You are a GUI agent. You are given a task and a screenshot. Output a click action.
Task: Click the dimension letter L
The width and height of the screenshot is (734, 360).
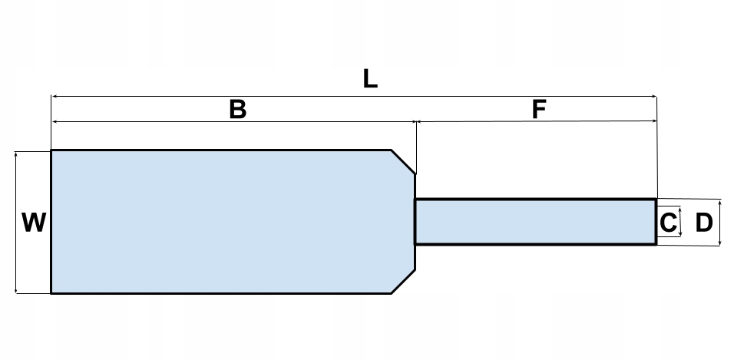tap(370, 79)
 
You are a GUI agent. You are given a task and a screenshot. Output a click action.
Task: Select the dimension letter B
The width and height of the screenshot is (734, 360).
tap(238, 110)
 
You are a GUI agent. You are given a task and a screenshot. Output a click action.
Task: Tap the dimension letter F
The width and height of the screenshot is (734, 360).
tap(539, 110)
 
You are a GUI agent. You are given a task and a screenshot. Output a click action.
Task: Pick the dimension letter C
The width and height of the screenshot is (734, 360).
tap(668, 223)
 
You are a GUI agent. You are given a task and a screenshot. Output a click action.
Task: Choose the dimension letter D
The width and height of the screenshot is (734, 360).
tap(704, 223)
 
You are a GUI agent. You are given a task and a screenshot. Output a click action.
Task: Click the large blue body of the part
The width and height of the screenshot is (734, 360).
tap(223, 222)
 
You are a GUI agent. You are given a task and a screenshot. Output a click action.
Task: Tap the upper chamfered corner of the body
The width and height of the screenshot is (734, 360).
tap(404, 161)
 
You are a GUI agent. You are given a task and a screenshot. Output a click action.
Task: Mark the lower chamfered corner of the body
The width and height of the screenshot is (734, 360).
tap(404, 282)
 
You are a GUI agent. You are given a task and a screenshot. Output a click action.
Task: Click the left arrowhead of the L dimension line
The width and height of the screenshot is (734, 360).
tap(54, 96)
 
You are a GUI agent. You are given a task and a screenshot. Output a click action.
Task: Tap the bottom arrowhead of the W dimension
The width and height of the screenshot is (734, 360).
tap(16, 290)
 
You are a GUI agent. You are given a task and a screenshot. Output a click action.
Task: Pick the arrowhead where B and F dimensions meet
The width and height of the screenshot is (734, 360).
tap(415, 121)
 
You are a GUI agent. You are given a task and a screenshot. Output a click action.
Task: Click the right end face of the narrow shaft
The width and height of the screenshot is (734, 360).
tap(656, 222)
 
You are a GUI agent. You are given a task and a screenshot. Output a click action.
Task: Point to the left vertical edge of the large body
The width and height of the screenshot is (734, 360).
tap(51, 222)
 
